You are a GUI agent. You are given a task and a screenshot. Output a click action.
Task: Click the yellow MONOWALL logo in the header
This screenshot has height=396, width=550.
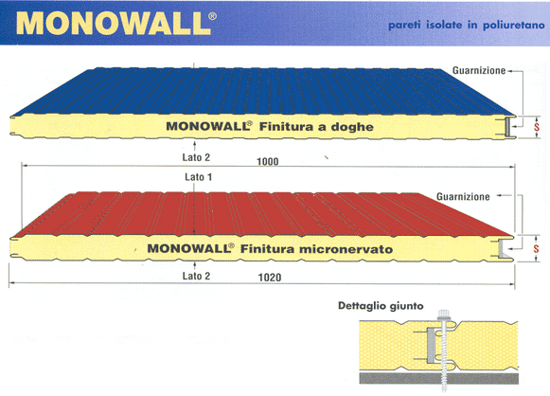pyautogui.click(x=114, y=24)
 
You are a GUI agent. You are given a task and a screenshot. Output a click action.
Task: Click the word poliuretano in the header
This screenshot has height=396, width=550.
pyautogui.click(x=513, y=26)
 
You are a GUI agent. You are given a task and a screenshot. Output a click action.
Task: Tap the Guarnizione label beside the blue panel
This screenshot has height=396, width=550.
pyautogui.click(x=479, y=70)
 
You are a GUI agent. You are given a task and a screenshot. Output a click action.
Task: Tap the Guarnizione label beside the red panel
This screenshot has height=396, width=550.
pyautogui.click(x=463, y=197)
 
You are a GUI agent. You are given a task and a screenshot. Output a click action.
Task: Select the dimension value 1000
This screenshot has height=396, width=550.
pyautogui.click(x=268, y=161)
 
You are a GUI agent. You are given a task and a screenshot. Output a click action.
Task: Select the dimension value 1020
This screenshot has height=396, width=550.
pyautogui.click(x=270, y=278)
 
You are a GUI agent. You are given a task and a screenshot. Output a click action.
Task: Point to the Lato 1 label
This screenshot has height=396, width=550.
pyautogui.click(x=199, y=177)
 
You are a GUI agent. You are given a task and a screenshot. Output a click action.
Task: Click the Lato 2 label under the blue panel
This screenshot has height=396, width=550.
pyautogui.click(x=196, y=157)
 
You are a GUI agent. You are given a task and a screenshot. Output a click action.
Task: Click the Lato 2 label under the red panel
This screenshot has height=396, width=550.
pyautogui.click(x=196, y=276)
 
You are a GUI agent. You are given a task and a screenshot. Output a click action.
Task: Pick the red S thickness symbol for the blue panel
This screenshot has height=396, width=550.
pyautogui.click(x=537, y=126)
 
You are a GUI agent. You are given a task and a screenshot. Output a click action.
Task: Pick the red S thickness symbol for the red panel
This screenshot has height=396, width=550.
pyautogui.click(x=536, y=249)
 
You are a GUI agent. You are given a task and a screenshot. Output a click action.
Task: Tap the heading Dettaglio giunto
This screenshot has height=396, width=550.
pyautogui.click(x=381, y=306)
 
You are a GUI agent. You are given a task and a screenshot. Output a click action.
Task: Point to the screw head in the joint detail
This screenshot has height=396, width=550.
pyautogui.click(x=444, y=314)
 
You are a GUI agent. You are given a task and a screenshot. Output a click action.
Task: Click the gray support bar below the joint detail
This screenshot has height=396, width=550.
pyautogui.click(x=439, y=378)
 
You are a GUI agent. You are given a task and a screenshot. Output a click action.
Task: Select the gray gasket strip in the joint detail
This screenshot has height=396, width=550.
pyautogui.click(x=431, y=345)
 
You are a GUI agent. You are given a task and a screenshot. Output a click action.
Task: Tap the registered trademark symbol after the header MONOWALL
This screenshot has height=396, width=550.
pyautogui.click(x=212, y=16)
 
